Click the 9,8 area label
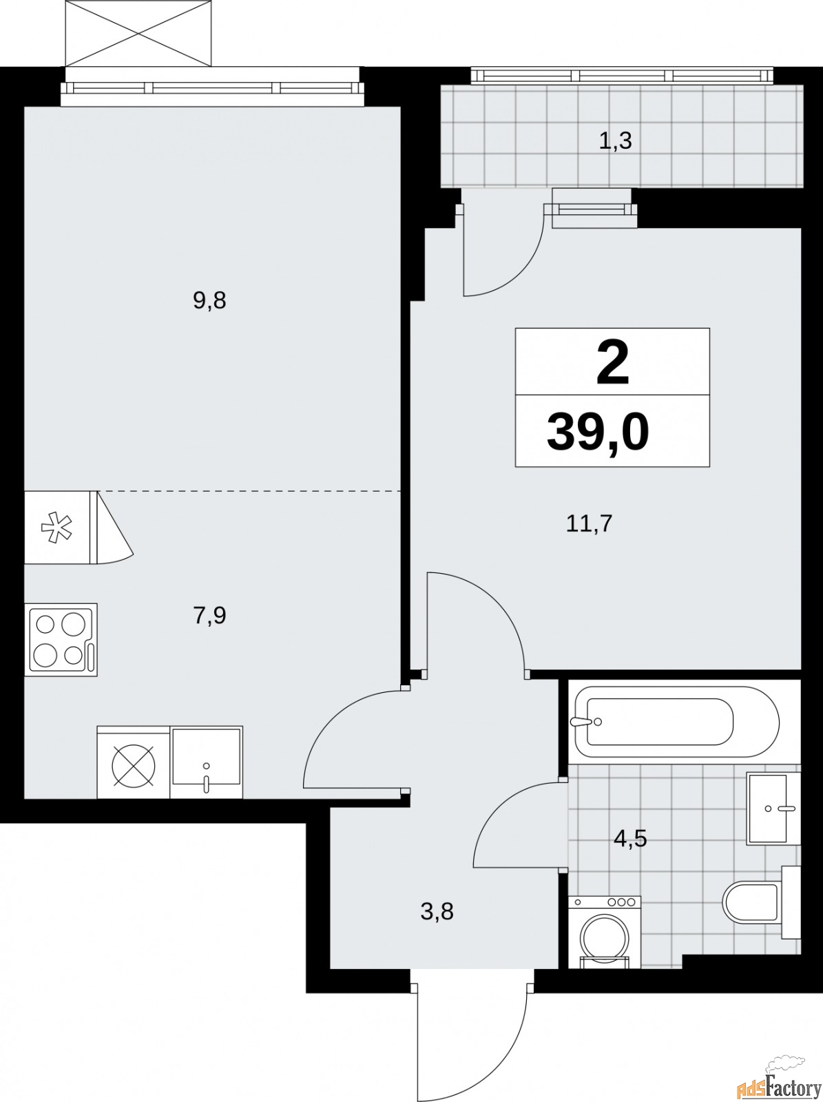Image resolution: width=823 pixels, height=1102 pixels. coord(210,301)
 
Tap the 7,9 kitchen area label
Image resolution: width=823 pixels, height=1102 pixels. coord(210,616)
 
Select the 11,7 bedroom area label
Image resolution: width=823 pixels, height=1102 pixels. coord(589,524)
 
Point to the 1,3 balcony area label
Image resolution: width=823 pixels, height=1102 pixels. coord(615,141)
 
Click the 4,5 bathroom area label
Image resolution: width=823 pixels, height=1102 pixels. coord(630,838)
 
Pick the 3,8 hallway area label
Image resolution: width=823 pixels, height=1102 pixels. coord(437,911)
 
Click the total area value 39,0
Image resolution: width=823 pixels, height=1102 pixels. coord(598,433)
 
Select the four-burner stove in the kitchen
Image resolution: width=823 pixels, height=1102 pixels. coord(61,640)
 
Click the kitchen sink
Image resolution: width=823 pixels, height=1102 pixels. coord(206,762)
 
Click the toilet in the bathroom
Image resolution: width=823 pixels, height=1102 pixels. coord(761,902)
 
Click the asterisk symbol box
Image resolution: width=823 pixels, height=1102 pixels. coord(57,527)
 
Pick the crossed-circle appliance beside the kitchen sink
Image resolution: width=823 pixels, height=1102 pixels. coord(134,762)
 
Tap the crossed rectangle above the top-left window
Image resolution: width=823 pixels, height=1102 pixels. coord(138,33)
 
